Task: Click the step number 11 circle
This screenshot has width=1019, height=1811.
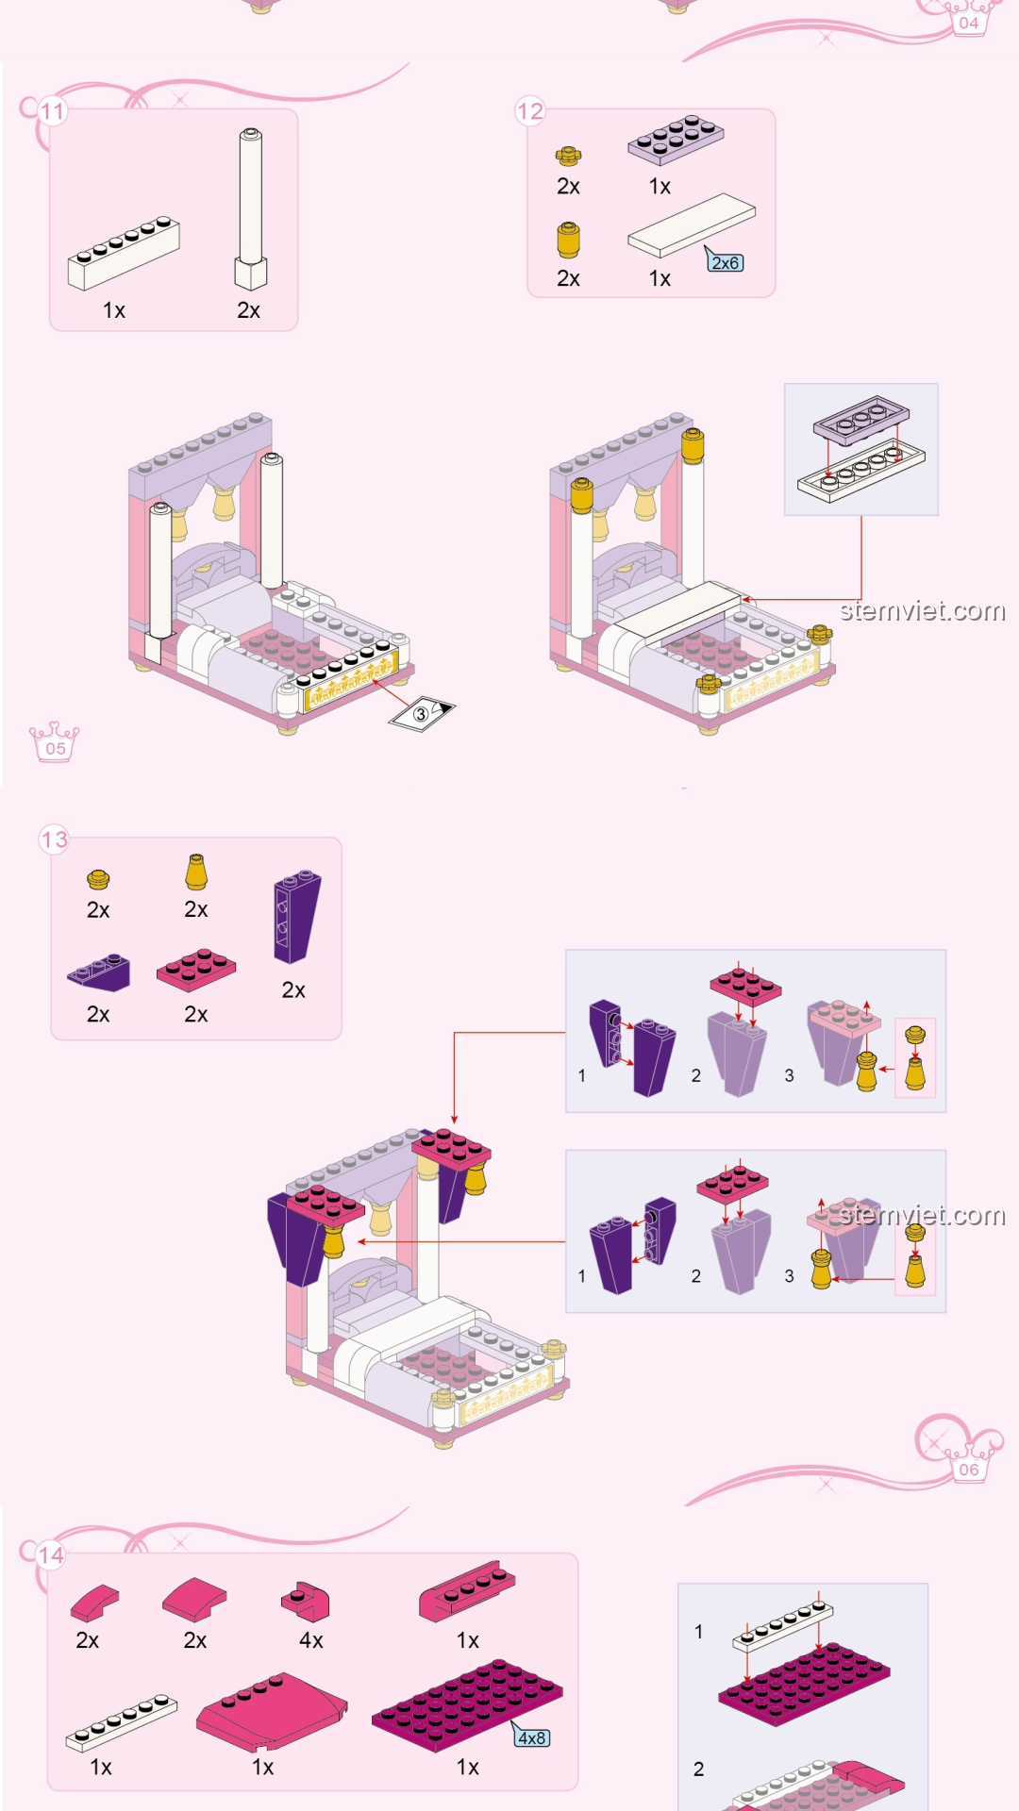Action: coord(53,111)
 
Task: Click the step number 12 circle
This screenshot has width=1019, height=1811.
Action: coord(530,111)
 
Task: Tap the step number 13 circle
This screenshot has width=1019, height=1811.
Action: coord(55,839)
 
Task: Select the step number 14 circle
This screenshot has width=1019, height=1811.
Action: coord(52,1555)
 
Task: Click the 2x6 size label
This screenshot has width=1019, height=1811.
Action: coord(725,262)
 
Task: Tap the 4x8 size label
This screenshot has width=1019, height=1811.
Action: coord(531,1737)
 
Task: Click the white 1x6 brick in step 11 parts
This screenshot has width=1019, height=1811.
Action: coord(124,253)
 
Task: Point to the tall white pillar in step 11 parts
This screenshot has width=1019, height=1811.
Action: coord(250,208)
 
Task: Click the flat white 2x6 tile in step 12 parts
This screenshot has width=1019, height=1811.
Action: coord(692,225)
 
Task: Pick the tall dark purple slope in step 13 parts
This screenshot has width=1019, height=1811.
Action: coord(296,916)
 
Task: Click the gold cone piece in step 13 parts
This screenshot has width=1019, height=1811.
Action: coord(196,872)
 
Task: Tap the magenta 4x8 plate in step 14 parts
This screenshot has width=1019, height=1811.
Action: coord(467,1704)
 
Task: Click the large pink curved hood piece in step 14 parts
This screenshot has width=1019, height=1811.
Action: coord(272,1711)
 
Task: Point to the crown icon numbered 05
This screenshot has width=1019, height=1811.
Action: coord(55,742)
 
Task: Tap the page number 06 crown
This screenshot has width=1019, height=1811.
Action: coord(968,1465)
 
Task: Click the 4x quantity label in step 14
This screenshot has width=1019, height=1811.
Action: coord(311,1640)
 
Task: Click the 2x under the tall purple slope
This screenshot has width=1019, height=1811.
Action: coord(293,990)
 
